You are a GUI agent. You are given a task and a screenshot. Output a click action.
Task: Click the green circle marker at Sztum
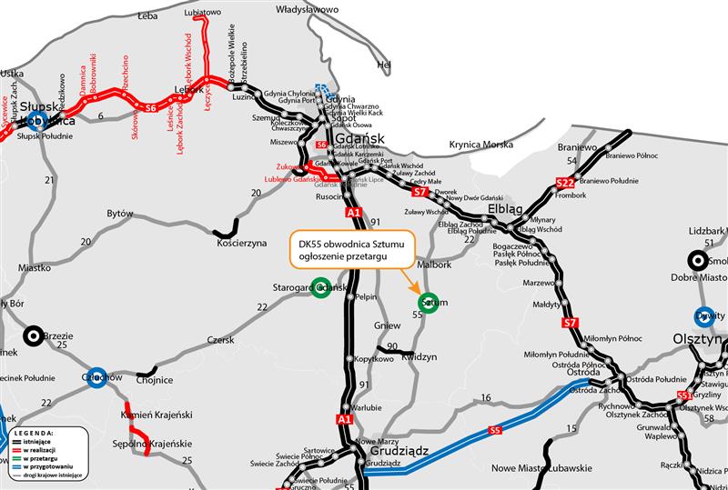429,302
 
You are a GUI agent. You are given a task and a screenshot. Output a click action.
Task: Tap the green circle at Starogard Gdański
320,288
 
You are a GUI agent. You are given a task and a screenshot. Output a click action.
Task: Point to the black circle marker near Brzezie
34,335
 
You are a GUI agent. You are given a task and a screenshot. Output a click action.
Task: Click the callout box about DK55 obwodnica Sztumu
351,250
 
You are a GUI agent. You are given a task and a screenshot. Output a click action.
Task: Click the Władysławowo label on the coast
307,9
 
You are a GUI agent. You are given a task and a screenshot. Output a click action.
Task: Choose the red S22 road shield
564,185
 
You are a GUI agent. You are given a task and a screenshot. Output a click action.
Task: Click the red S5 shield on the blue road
495,430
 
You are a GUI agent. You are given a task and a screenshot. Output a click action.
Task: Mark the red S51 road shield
685,395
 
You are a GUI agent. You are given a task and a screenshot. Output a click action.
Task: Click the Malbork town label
435,265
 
